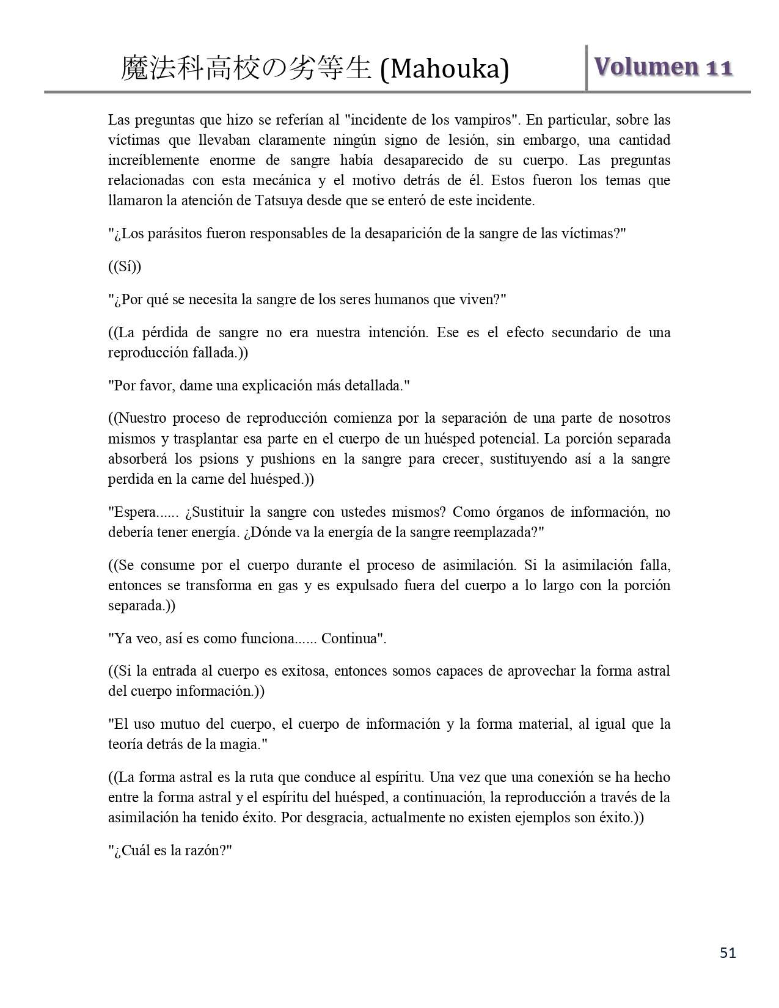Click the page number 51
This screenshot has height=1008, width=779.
pyautogui.click(x=728, y=953)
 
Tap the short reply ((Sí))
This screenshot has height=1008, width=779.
pyautogui.click(x=125, y=266)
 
